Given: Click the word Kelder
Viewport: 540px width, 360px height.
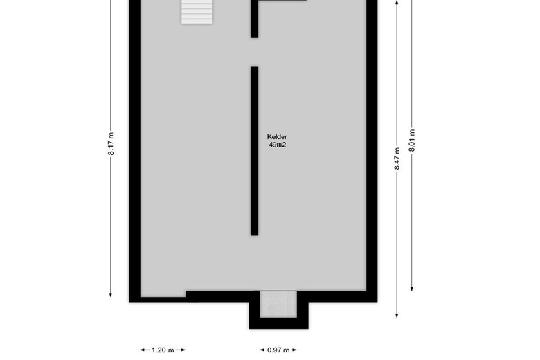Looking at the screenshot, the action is tap(277, 137).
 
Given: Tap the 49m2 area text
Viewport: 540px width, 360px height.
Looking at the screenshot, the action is tap(277, 145).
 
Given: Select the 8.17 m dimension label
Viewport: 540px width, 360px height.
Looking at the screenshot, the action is tap(111, 144).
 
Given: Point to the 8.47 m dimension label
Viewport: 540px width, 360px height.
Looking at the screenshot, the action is tap(397, 159).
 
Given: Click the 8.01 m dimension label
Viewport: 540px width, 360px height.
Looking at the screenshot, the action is tap(412, 141).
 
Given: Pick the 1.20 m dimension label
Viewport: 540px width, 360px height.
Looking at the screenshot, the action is tap(163, 350).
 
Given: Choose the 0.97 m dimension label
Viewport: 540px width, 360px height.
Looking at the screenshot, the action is tap(278, 350).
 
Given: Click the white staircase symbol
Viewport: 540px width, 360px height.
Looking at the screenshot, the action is tap(197, 12).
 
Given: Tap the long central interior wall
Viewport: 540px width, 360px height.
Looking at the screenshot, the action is tap(254, 151).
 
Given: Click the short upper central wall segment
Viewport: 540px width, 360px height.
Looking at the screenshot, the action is tap(254, 19).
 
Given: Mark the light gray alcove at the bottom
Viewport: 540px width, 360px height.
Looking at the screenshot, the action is tap(278, 304).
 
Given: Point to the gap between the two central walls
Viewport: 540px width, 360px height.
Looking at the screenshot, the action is tap(254, 53).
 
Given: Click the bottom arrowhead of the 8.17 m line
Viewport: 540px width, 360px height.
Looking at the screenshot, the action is tap(111, 294).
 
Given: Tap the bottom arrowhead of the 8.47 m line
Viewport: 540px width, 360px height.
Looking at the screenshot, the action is tap(397, 314).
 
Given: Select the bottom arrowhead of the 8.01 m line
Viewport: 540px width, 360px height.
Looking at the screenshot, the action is tap(412, 288).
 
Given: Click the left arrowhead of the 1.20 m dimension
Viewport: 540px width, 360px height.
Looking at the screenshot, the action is tap(143, 350).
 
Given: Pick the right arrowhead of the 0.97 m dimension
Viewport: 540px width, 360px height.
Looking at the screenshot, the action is tap(294, 350).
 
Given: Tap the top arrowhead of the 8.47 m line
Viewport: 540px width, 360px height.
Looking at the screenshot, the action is tap(397, 3).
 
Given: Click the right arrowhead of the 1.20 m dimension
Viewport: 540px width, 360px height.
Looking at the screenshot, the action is tap(183, 350).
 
